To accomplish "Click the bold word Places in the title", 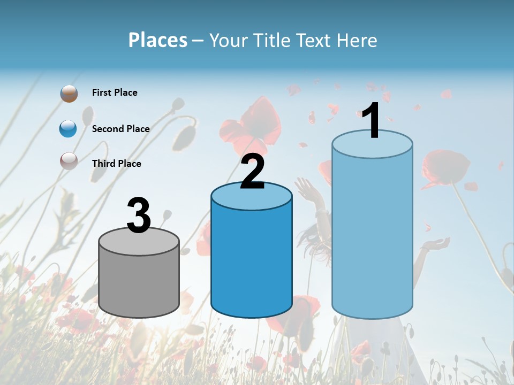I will pos(158,40).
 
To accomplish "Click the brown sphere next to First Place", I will pos(69,93).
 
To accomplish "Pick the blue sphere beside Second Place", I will pos(69,128).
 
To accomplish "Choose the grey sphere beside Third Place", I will pos(69,161).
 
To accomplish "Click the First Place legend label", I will pos(115,93).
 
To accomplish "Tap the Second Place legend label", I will pos(120,128).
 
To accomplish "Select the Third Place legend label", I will pos(116,163).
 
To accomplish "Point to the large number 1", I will pos(371,121).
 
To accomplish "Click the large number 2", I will pos(252,171).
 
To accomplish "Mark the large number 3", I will pos(139,215).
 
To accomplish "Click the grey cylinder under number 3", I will pos(139,283).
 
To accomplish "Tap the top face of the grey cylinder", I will pos(139,241).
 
